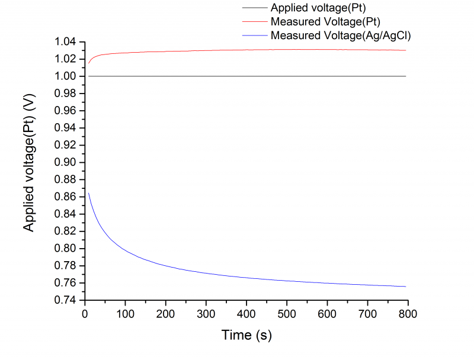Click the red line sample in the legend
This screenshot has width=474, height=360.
[254, 22]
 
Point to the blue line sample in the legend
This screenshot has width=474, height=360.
[254, 36]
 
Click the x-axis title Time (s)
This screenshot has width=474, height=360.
[246, 335]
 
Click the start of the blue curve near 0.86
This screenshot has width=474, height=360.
[88, 193]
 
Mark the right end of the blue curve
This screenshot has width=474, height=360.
[406, 287]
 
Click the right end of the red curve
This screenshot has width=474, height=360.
[406, 50]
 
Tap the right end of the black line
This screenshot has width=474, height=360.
[406, 76]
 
